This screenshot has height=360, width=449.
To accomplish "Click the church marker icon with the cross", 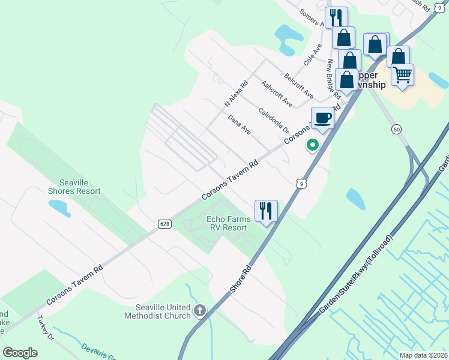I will [200, 311].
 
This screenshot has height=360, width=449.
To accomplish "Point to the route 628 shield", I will [164, 224].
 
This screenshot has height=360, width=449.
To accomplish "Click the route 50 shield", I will [396, 129].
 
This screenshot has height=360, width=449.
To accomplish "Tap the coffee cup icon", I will [322, 118].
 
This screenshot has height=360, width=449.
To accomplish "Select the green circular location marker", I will [312, 145].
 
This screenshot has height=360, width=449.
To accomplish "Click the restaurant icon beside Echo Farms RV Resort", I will [266, 211].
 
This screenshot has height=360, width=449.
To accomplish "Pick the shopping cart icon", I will [402, 75].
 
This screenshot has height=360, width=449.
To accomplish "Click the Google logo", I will [20, 353].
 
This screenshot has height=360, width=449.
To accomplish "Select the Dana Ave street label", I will [240, 124].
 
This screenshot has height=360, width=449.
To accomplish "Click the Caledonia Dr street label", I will [274, 121].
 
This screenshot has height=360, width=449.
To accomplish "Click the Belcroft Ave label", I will [299, 87].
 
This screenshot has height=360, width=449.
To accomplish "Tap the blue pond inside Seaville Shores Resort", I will [60, 208].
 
